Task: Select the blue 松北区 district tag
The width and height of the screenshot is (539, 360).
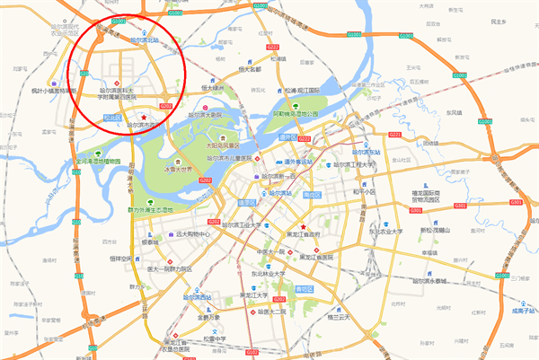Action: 111,117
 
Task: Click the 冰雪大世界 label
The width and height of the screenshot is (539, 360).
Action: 179,168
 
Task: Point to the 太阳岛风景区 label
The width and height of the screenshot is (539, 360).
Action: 222,144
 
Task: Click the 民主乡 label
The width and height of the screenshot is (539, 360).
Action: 490,45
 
